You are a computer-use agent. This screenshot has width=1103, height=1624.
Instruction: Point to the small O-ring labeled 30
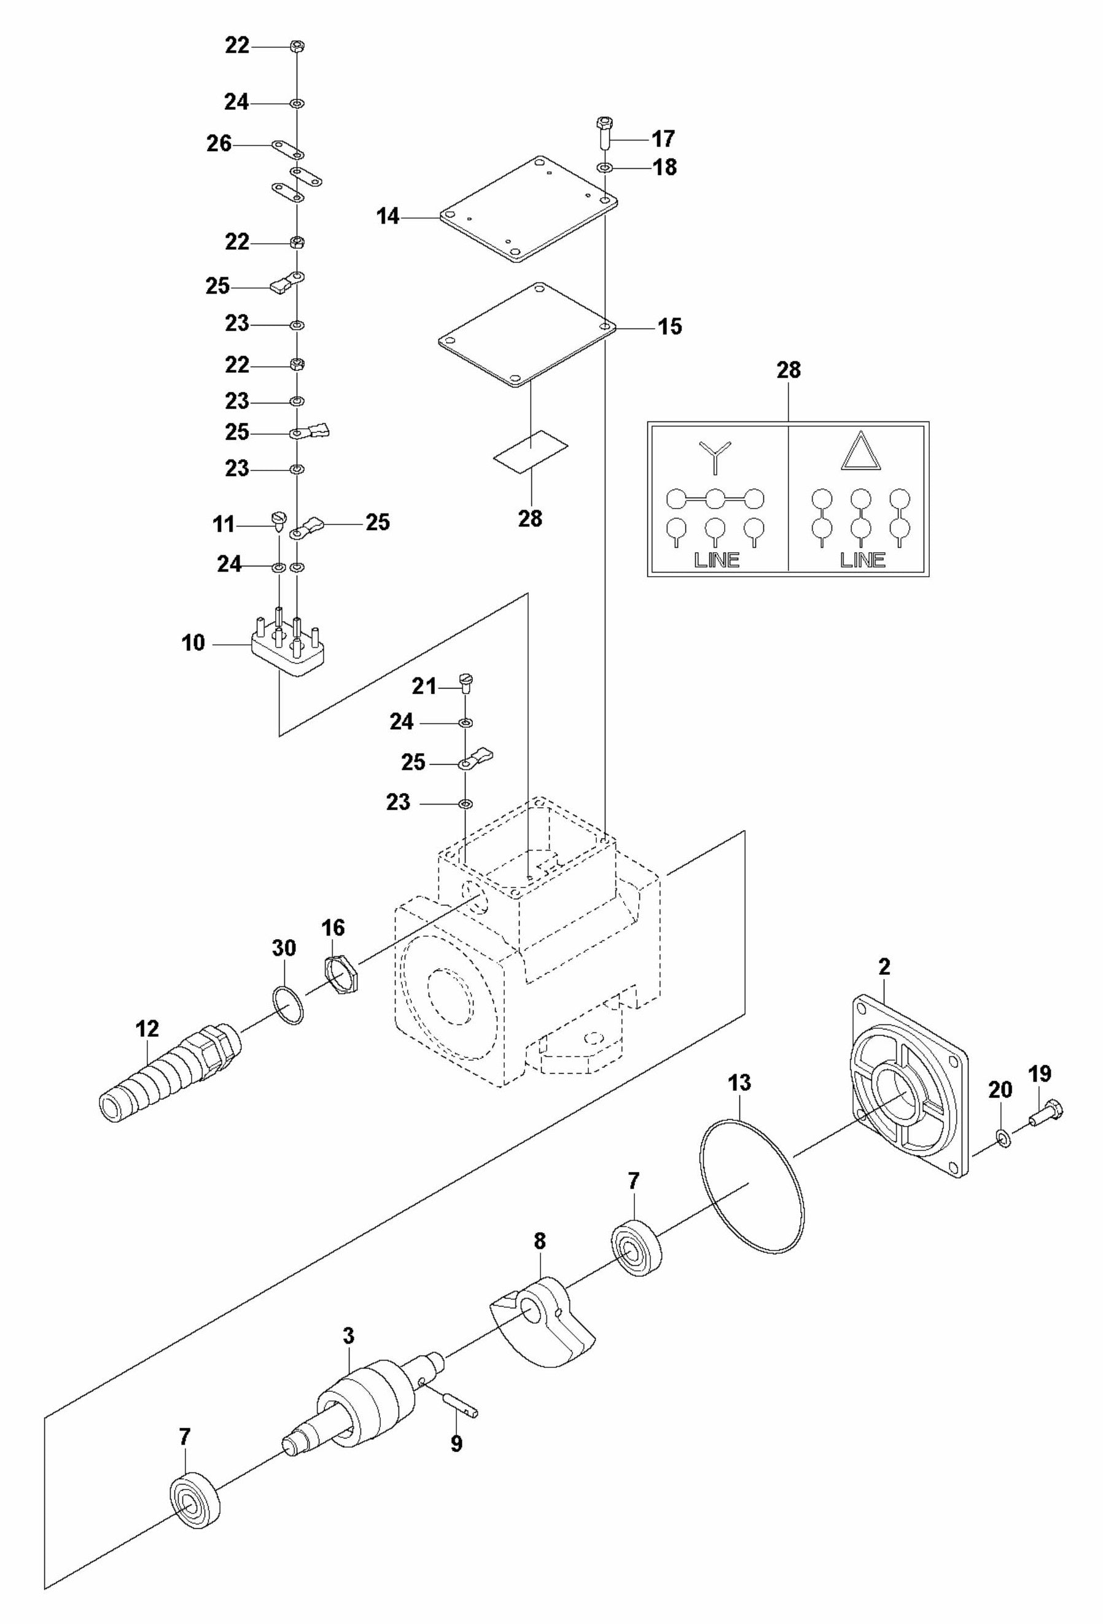[x=287, y=1005]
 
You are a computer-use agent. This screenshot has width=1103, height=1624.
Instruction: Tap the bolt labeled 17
[x=604, y=132]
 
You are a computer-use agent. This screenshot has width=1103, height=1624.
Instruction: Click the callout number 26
[x=219, y=144]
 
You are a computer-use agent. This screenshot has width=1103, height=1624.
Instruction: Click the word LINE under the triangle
[x=862, y=560]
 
